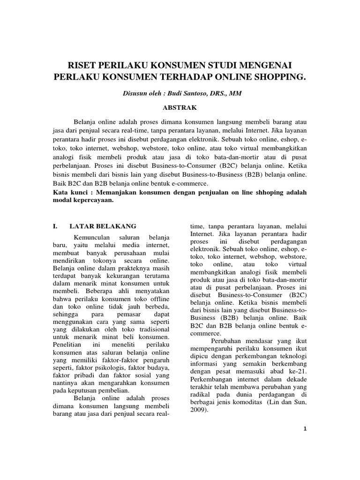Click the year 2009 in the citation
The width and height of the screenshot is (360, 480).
[198, 409]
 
